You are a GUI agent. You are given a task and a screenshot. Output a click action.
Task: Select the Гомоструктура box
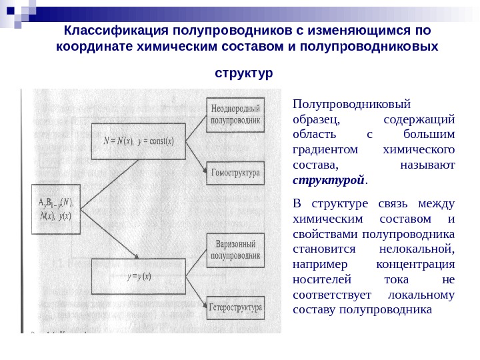[235, 173]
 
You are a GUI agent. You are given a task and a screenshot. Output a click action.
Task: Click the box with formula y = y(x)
[138, 276]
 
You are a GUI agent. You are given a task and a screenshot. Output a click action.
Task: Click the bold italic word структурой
[329, 181]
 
